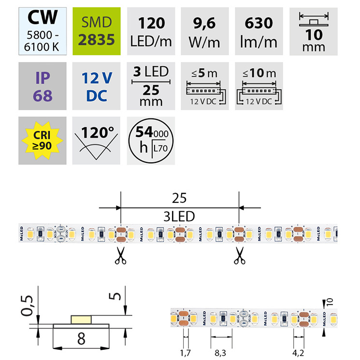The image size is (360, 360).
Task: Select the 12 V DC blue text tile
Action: [96, 86]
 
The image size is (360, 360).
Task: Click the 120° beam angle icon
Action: [96, 140]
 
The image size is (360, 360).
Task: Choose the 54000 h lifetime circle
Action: [151, 140]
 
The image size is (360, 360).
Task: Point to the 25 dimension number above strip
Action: [179, 199]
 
